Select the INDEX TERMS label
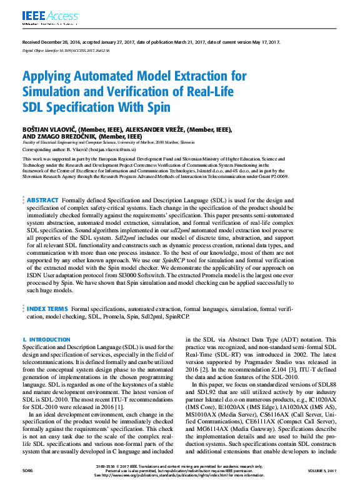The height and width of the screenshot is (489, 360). point(47,309)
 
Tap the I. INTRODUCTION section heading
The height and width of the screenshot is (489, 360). point(46,340)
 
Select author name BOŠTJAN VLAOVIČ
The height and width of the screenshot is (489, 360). point(49,130)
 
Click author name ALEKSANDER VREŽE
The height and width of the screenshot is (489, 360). point(148,130)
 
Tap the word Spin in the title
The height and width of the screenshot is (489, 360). point(142,107)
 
